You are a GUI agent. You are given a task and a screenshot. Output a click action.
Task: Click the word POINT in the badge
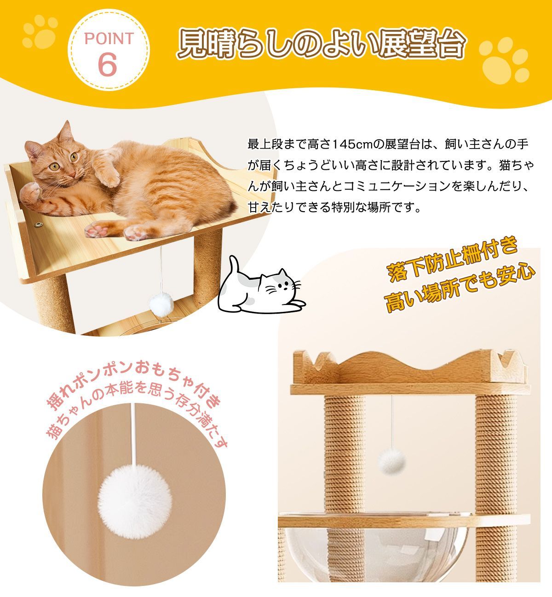(x=109, y=39)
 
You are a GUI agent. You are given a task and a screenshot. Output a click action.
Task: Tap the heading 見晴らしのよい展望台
(x=322, y=45)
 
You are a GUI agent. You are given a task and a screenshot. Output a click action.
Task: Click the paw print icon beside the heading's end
(x=505, y=60)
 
